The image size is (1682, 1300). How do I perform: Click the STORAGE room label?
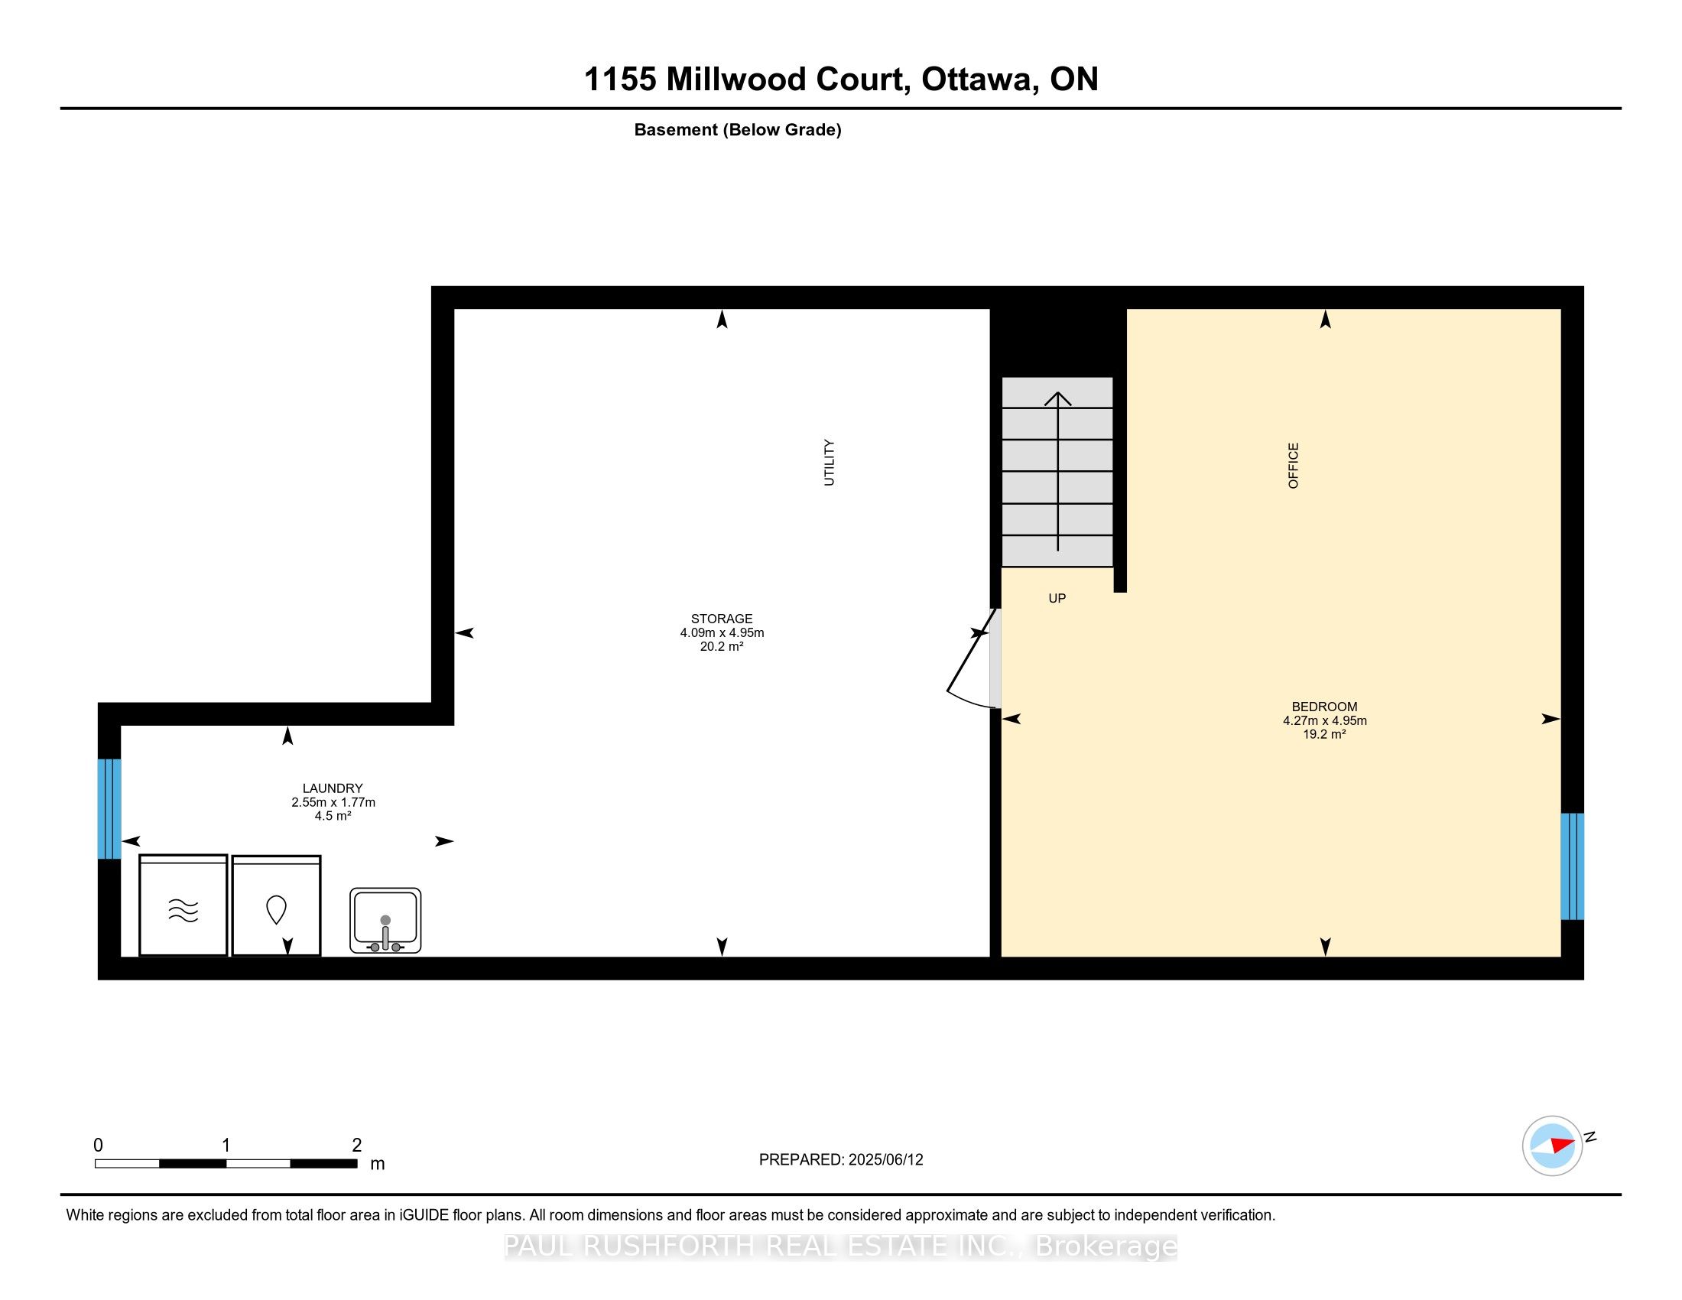[x=721, y=619]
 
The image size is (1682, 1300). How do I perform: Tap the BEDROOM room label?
[x=1324, y=707]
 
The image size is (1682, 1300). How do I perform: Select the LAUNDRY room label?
[x=332, y=788]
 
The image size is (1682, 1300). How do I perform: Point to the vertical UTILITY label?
[x=829, y=462]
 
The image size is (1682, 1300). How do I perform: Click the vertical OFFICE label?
[x=1293, y=465]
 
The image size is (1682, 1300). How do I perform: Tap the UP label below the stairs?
[x=1057, y=599]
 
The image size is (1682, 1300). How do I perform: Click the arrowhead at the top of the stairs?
[x=1057, y=398]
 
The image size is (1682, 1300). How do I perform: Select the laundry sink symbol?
[x=385, y=920]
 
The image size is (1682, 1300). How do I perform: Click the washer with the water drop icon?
[x=277, y=906]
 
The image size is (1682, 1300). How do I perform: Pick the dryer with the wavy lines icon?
[x=183, y=906]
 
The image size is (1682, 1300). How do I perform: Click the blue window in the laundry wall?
[x=109, y=808]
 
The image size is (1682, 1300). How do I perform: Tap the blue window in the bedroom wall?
[x=1572, y=866]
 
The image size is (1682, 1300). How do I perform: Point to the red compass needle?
[x=1561, y=1145]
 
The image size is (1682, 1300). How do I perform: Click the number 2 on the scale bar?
[x=356, y=1146]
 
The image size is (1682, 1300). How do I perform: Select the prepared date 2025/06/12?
[x=885, y=1160]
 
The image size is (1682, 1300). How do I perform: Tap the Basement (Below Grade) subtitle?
[x=737, y=130]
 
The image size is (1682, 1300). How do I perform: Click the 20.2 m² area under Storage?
[x=721, y=647]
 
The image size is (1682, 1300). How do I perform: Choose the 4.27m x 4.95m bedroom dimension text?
[x=1324, y=721]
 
